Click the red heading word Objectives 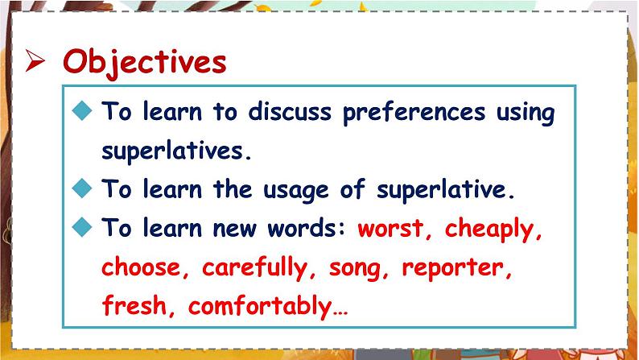click(x=145, y=62)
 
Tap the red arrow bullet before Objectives click(x=35, y=60)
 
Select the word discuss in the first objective click(x=290, y=111)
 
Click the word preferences click(x=414, y=113)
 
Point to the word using click(x=526, y=114)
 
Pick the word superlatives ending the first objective click(x=176, y=151)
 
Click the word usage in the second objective click(x=295, y=191)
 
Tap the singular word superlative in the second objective click(x=445, y=189)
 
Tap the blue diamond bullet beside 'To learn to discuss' click(x=82, y=110)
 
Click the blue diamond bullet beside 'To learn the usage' click(x=82, y=188)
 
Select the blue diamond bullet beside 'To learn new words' click(x=82, y=226)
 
